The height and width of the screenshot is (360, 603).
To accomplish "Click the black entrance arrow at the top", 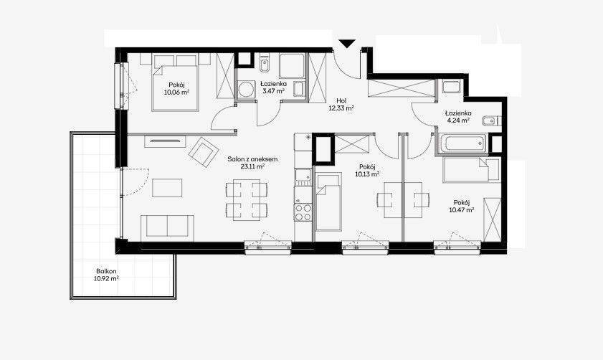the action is [x=347, y=44].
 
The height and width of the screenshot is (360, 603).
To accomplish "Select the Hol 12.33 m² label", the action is [x=341, y=104].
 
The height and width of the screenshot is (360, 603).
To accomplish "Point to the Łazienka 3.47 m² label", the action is [x=273, y=87].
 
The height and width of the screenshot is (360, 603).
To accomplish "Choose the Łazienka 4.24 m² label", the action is [x=458, y=117].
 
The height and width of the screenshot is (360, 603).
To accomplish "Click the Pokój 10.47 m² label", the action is [x=461, y=206].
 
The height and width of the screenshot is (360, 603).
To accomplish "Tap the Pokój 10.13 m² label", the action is [x=367, y=170].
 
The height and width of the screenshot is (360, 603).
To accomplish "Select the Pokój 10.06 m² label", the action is [x=177, y=88].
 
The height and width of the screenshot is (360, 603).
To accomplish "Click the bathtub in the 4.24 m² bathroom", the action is [x=462, y=143].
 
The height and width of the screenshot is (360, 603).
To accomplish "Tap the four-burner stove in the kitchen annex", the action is [x=303, y=213].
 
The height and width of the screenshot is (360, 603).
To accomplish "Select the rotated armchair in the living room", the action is [x=204, y=152].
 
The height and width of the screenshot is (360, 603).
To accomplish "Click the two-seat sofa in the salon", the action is [x=167, y=226].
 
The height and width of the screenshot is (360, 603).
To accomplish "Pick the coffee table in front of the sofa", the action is [x=167, y=188].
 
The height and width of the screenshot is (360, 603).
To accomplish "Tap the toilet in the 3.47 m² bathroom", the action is [x=264, y=65].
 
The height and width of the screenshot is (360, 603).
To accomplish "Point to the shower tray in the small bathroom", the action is [x=292, y=66].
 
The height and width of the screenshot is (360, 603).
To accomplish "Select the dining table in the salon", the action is [x=247, y=200].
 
